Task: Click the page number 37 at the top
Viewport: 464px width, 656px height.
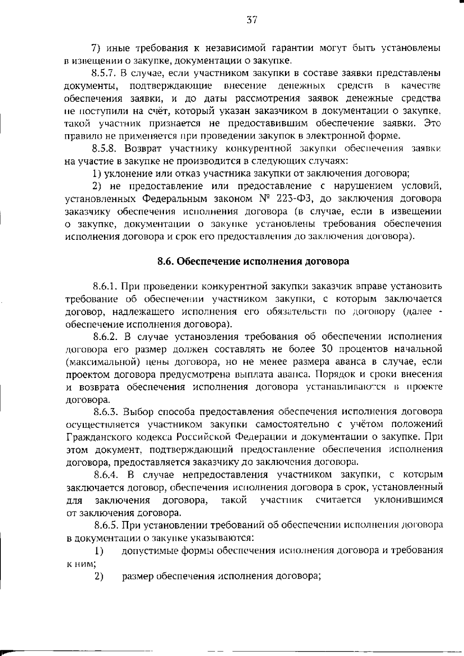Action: coord(252,20)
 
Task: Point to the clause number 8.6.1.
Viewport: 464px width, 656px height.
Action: coord(105,286)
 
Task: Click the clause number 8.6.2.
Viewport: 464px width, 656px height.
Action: coord(105,337)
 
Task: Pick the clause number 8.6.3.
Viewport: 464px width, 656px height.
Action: coord(105,412)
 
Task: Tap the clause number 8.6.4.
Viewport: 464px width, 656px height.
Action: coord(105,475)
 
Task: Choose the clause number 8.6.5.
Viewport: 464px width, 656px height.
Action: coord(105,525)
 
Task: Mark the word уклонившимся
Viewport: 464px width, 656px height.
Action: coord(408,500)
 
